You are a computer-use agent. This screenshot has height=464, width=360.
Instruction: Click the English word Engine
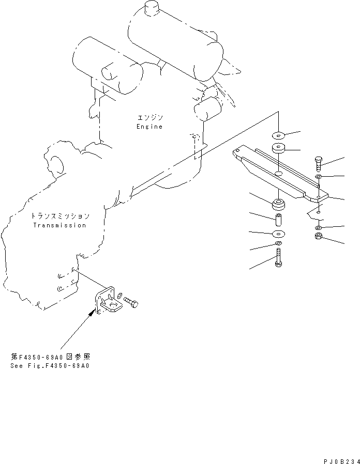click(x=149, y=127)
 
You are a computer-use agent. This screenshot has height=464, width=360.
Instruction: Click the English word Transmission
click(x=59, y=225)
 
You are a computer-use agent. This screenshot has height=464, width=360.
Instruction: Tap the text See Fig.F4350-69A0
click(x=50, y=366)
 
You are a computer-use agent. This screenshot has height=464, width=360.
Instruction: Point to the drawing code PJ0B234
click(x=341, y=461)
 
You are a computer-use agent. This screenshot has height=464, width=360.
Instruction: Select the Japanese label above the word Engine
click(x=151, y=118)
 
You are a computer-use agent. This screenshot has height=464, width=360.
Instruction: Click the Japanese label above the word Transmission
click(x=60, y=216)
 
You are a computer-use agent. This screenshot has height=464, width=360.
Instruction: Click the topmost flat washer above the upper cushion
click(x=278, y=135)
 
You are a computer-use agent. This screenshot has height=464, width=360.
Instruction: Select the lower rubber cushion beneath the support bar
click(x=279, y=204)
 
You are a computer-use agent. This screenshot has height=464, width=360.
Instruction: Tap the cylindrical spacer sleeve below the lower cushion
click(x=278, y=220)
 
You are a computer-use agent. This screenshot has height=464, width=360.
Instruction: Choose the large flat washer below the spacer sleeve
click(x=278, y=234)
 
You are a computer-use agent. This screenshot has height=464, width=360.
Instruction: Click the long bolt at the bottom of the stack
click(x=278, y=258)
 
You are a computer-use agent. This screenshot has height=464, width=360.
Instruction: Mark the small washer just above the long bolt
click(x=278, y=243)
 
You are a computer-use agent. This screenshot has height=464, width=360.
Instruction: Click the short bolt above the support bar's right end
click(x=318, y=164)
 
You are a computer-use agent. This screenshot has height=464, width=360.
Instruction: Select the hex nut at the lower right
click(x=319, y=236)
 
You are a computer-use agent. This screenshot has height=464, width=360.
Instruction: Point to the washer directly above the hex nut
click(x=319, y=227)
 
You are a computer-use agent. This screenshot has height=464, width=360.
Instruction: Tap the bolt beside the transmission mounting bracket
click(x=131, y=303)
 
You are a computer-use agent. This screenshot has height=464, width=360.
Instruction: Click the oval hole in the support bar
click(x=278, y=173)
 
